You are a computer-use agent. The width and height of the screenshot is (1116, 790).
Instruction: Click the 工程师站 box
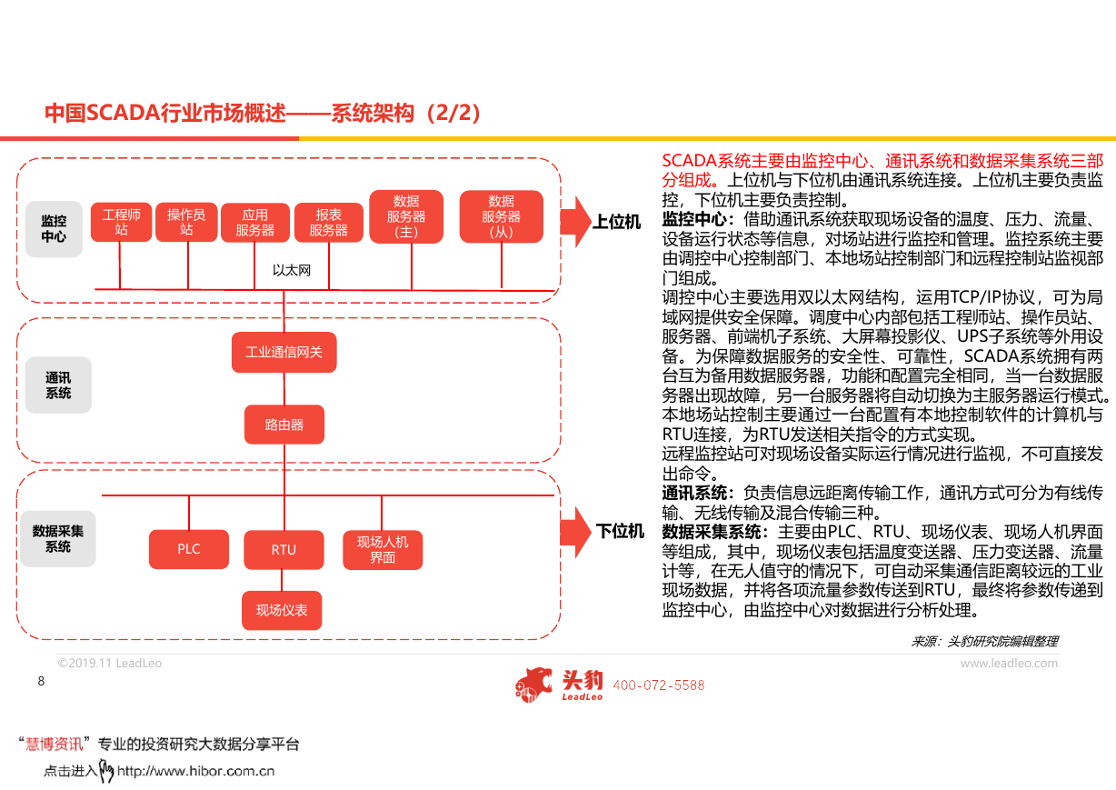coord(121,222)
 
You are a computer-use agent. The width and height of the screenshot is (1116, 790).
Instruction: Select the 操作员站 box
coord(186,222)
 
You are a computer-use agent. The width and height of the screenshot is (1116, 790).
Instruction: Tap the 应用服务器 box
coord(255,223)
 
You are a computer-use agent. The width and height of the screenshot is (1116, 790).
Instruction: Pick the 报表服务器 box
coord(329,223)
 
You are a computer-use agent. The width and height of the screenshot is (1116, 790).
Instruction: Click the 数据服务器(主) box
coord(406,216)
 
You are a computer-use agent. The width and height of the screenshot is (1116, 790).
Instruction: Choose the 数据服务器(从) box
coord(502,216)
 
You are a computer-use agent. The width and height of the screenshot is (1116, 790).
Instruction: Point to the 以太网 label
coord(292,270)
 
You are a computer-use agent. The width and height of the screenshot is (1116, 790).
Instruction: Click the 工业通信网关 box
coord(284,352)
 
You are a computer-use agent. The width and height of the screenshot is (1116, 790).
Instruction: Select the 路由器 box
coord(284,425)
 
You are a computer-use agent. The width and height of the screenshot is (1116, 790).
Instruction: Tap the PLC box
coord(189,549)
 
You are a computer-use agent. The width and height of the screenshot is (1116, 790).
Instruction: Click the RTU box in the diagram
coord(284,549)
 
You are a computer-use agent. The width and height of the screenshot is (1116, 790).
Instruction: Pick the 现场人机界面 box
coord(383,550)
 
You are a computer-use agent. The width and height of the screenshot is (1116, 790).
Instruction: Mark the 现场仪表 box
coord(282,610)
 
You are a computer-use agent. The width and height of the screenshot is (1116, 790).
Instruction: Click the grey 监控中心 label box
coord(54,229)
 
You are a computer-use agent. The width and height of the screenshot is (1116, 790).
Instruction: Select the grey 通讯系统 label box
coord(58,385)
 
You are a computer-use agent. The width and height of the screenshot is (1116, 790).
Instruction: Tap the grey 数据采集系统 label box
coord(58,538)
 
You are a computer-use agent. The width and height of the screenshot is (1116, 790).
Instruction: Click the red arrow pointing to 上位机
coord(576,222)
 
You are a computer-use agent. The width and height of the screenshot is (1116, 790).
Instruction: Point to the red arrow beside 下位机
coord(576,532)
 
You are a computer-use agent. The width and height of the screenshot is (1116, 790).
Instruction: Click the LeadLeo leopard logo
coord(533,685)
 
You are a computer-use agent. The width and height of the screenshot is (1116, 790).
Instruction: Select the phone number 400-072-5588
coord(659,685)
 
